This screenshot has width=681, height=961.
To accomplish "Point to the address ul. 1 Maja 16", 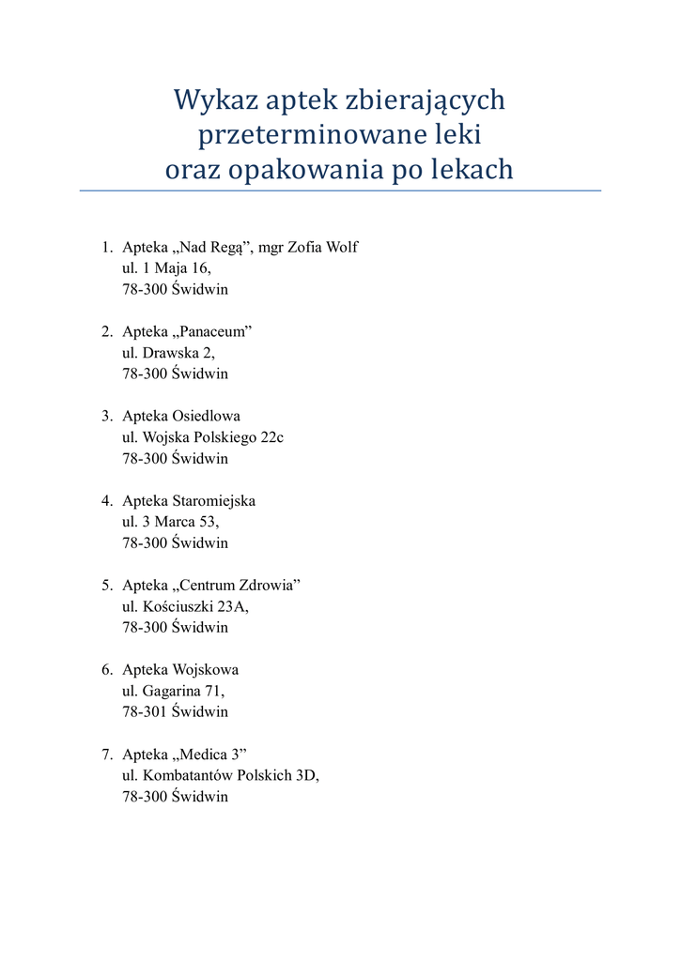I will coord(160,268).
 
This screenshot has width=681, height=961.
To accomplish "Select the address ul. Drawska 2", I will coord(168,353).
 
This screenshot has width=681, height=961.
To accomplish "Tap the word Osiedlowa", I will coord(207,417).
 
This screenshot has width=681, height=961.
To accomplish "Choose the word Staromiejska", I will coord(213,501).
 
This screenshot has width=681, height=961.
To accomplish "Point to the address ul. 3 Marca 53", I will coord(170,522).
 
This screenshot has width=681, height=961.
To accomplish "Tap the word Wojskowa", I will coord(206,670).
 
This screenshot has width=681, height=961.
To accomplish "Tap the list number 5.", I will coord(107,586).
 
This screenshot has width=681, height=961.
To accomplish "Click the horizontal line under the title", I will coord(340,191).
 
